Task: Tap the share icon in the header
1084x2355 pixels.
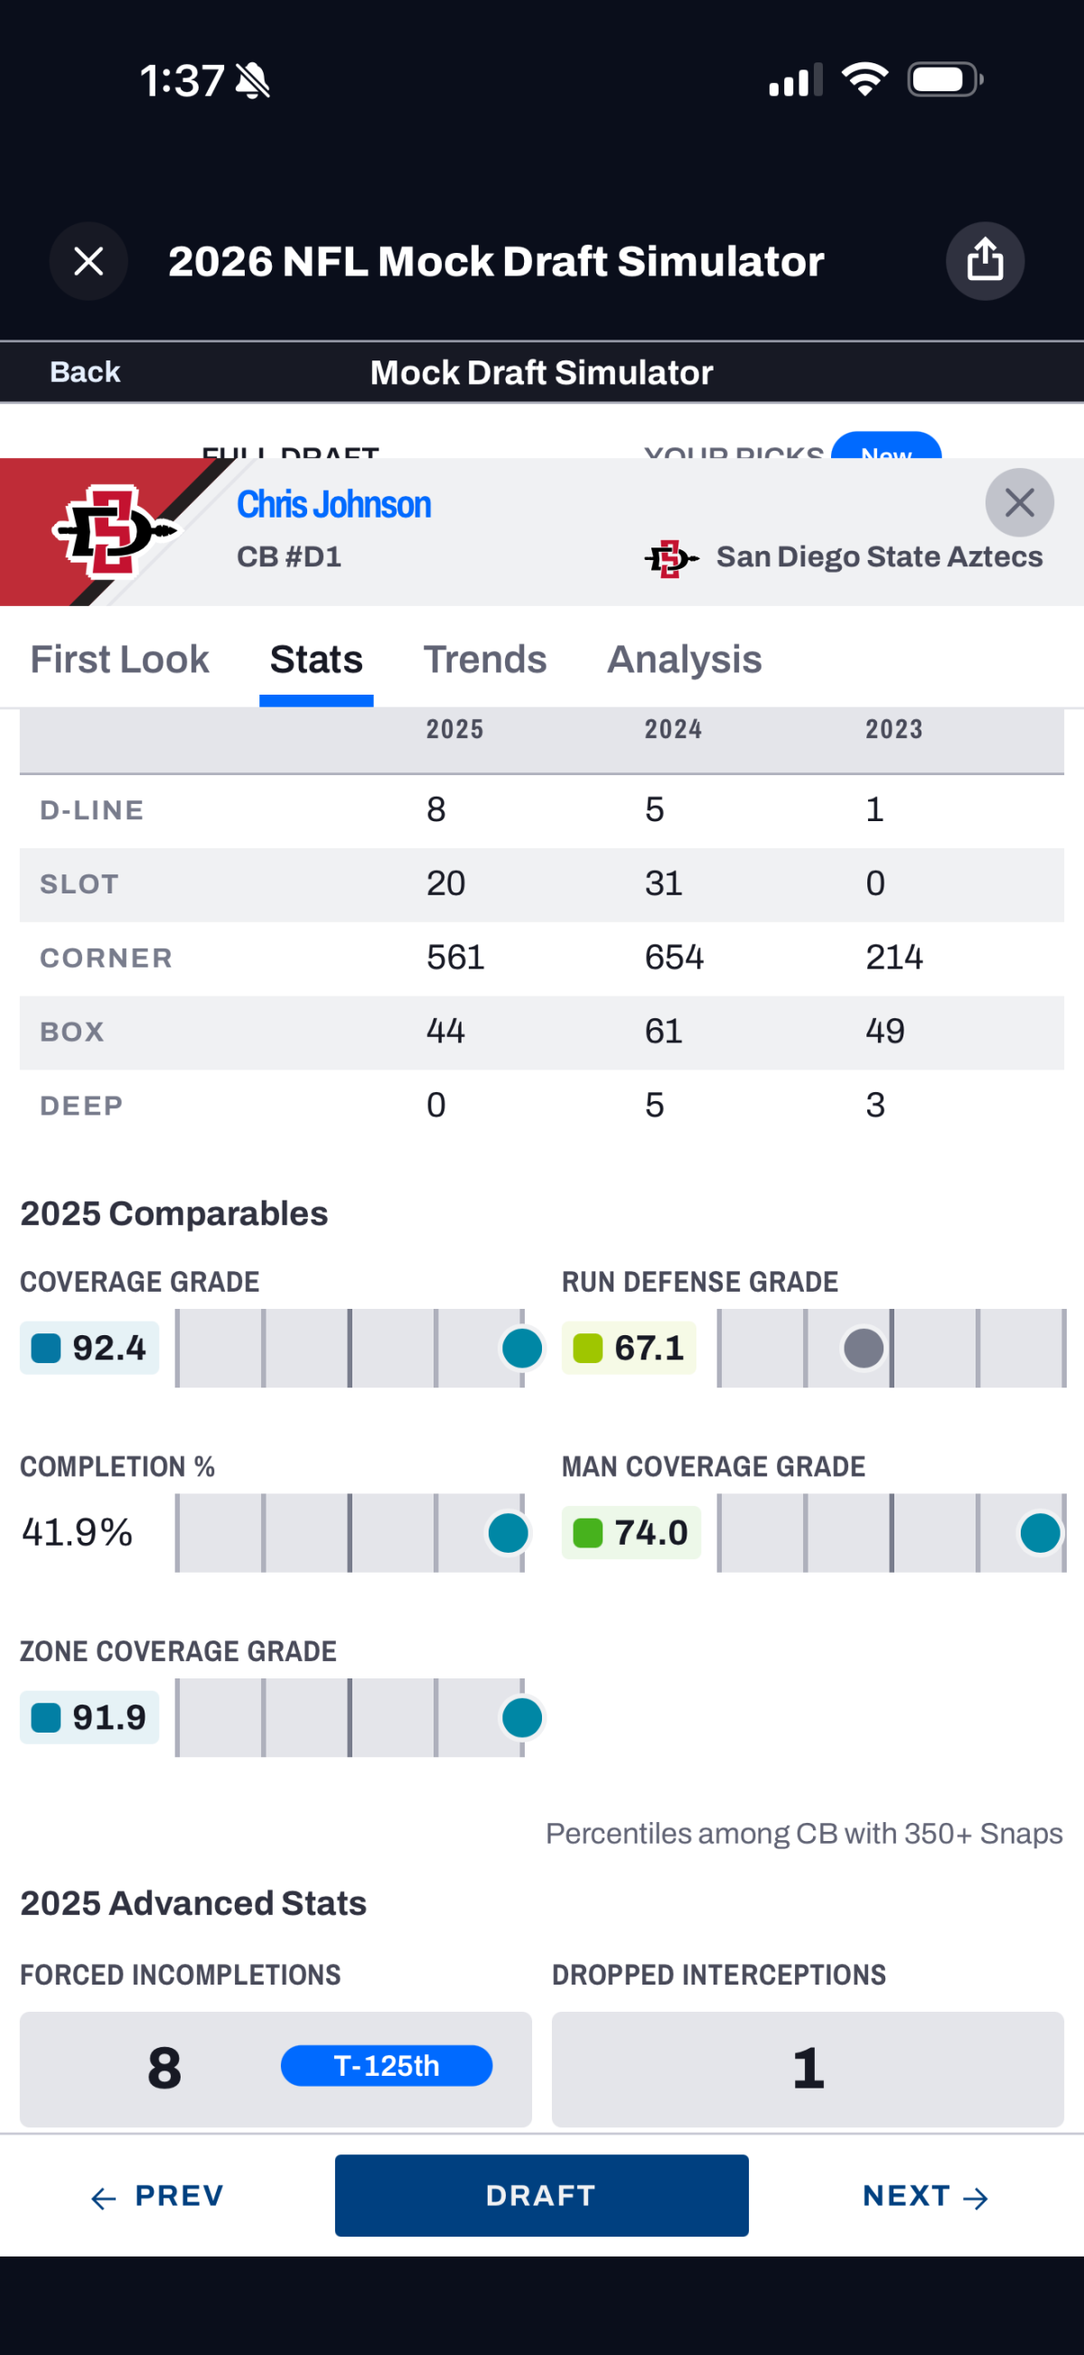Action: [985, 260]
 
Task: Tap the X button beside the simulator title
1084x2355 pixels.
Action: [89, 261]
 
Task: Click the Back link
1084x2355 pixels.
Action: [85, 372]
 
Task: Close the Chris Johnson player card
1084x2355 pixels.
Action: [1019, 502]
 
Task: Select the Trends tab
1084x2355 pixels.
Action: [484, 659]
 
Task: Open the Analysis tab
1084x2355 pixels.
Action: [684, 659]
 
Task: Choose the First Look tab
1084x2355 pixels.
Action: [120, 659]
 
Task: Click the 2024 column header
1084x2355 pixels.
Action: [673, 729]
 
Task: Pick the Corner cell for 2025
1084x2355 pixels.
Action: [455, 958]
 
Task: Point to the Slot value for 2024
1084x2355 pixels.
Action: [664, 883]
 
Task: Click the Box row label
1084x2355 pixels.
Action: [72, 1032]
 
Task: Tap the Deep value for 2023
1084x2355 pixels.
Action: [874, 1106]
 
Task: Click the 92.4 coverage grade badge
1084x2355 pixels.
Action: [89, 1348]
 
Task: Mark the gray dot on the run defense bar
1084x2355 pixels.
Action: [863, 1348]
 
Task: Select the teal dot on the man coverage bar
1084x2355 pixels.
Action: [1039, 1533]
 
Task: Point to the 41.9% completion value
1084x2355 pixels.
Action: [78, 1532]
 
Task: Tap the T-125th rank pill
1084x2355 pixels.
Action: [386, 2065]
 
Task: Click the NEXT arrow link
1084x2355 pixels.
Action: [924, 2195]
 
